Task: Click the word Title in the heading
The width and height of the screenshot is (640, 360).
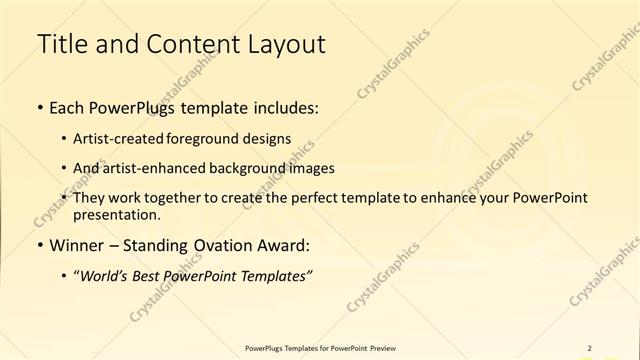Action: [x=60, y=44]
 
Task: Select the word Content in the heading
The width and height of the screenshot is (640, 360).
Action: [x=184, y=44]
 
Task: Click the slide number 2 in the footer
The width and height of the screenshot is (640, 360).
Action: [x=589, y=348]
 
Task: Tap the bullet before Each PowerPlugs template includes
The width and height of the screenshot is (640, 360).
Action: [x=39, y=104]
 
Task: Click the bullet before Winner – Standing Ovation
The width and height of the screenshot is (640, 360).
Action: [x=39, y=245]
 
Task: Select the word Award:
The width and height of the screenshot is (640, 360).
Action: [x=285, y=245]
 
